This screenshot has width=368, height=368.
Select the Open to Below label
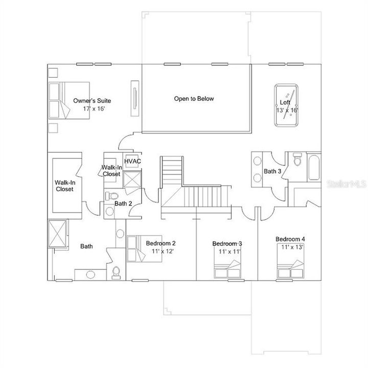coord(194,99)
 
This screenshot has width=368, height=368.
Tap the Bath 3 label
coord(272,171)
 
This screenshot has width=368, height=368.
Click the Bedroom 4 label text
coord(290,239)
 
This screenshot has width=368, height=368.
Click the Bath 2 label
coord(123,203)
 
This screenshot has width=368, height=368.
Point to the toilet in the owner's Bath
coord(117,272)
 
